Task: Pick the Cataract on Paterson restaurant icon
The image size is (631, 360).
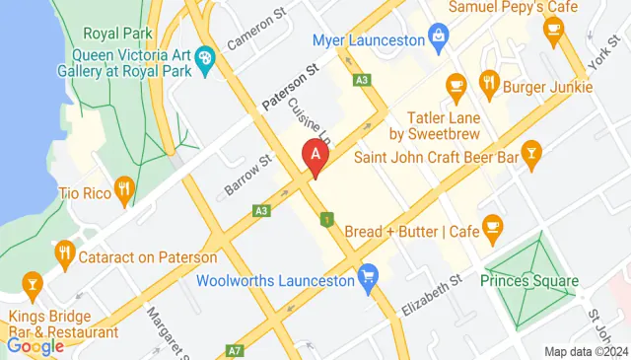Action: click(x=66, y=252)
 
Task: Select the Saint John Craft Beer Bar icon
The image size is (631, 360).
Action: click(x=532, y=153)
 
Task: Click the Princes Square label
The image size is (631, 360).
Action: click(x=529, y=281)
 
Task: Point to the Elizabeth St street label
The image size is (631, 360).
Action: click(x=432, y=295)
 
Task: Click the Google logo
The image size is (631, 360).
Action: click(x=35, y=345)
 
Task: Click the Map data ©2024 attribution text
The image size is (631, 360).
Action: click(x=586, y=351)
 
